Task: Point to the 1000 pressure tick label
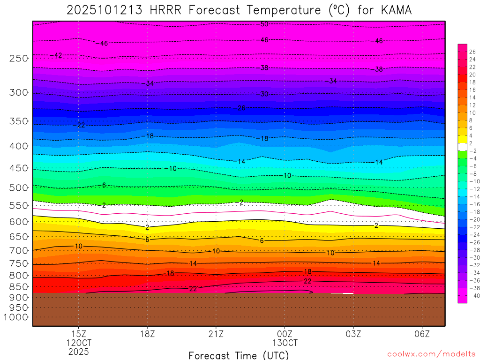[15, 317]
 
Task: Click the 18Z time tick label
[147, 334]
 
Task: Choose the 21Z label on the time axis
[216, 334]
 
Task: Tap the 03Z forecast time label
[353, 334]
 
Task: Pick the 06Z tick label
[422, 334]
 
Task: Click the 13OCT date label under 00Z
[285, 343]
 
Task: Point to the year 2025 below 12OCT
[78, 352]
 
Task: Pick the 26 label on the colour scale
[472, 52]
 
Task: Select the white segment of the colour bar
[462, 147]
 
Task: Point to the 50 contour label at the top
[264, 24]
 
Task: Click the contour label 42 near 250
[58, 55]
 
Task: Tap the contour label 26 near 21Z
[241, 108]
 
